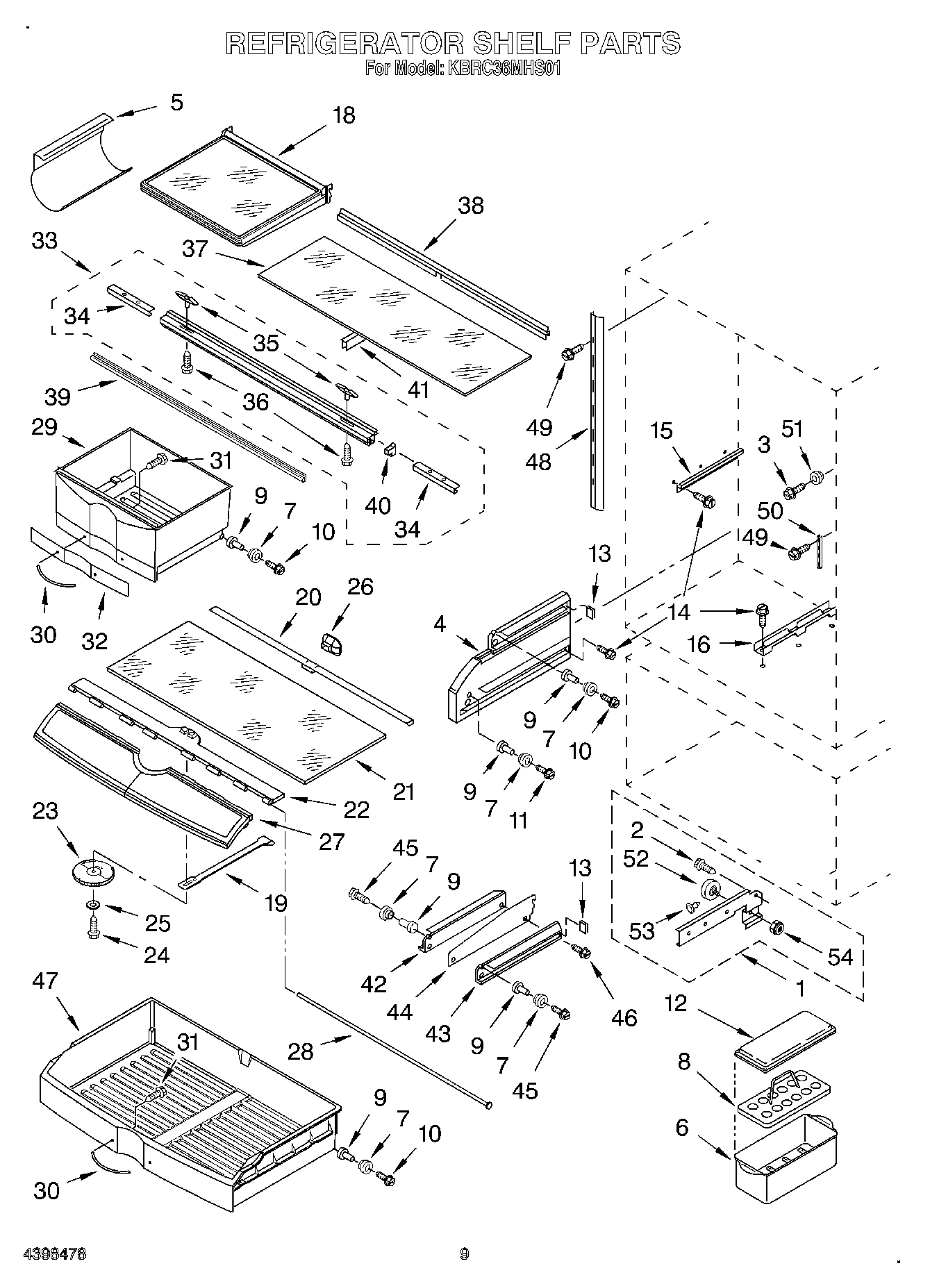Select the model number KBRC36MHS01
tap(504, 69)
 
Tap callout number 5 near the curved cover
tap(176, 103)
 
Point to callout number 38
tap(470, 206)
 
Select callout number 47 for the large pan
tap(46, 981)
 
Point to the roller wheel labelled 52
tap(711, 891)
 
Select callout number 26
tap(360, 587)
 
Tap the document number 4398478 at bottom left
tap(55, 1254)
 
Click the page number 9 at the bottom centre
tap(464, 1254)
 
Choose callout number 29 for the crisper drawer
tap(44, 427)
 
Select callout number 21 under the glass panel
tap(404, 792)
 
